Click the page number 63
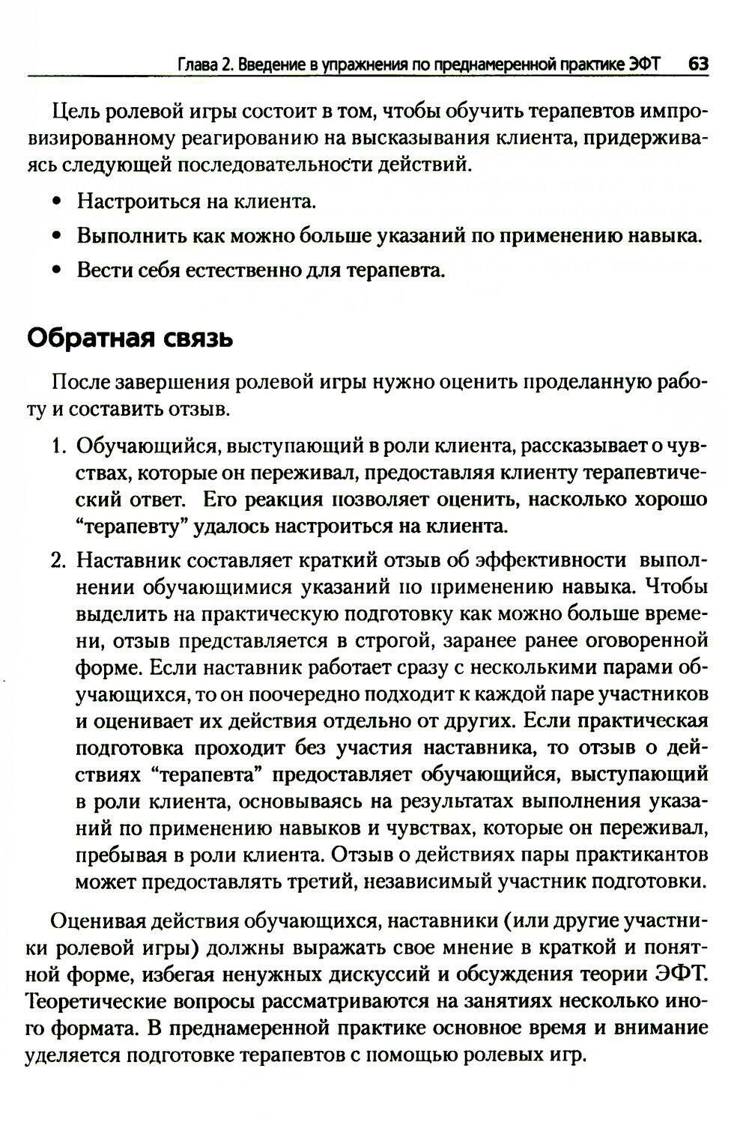click(x=698, y=64)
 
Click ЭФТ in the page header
click(x=645, y=64)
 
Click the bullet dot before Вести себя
click(x=57, y=270)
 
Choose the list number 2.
click(x=59, y=560)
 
